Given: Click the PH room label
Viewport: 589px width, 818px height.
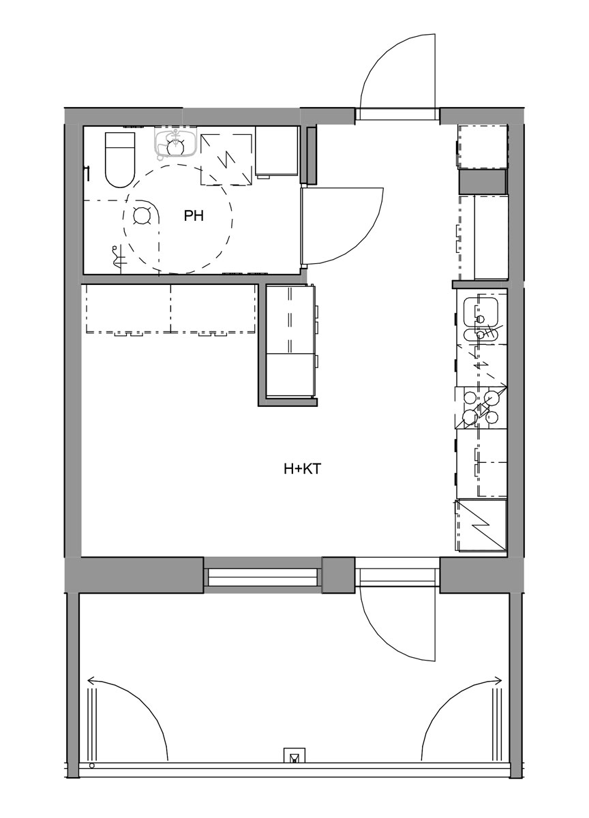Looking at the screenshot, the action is (193, 216).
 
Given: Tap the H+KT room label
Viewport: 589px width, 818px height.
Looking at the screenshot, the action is (302, 469).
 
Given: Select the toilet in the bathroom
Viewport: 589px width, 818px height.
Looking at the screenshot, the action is (120, 160).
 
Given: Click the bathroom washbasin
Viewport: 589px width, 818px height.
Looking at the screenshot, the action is (176, 143).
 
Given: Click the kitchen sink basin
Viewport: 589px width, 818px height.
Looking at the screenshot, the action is (481, 312).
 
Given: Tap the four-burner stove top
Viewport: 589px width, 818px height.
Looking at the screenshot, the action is (481, 408).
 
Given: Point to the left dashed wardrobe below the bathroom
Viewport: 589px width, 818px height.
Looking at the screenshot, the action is (128, 309).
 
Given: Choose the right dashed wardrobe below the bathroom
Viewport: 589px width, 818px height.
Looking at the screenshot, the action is (213, 309).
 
